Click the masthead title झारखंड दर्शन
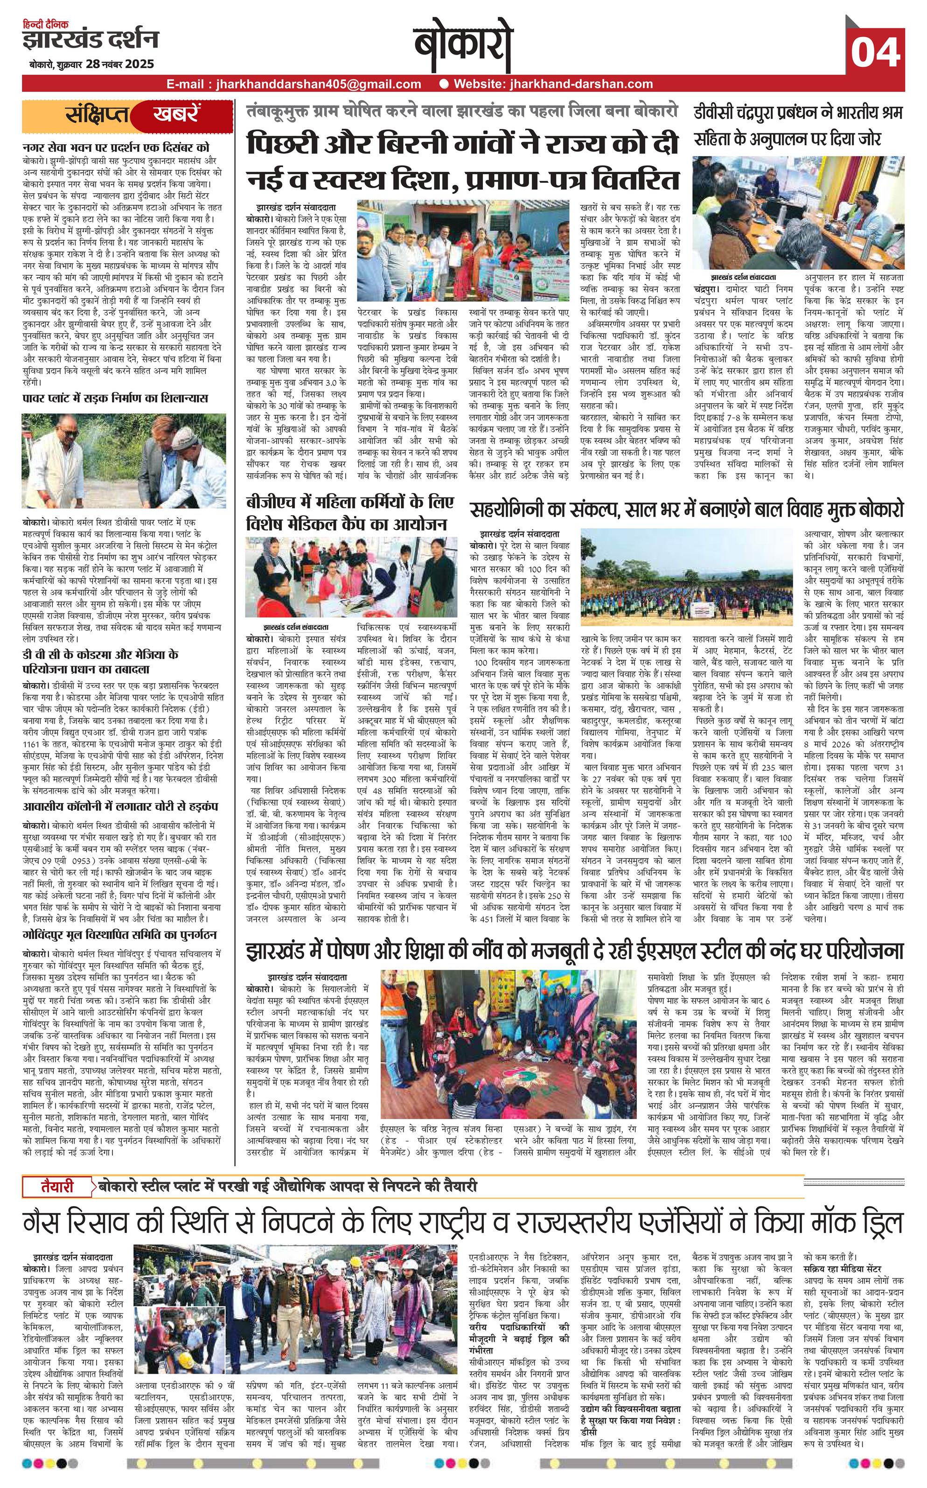(91, 40)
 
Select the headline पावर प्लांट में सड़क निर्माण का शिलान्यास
(115, 398)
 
